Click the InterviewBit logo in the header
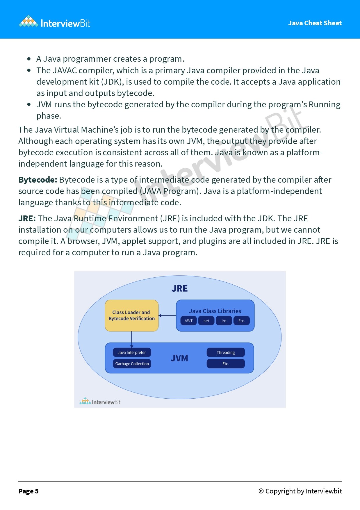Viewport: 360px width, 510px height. [55, 22]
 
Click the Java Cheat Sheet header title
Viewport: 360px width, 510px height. [315, 23]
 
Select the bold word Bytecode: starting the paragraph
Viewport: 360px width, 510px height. [38, 180]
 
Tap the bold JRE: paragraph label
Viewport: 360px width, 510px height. [27, 218]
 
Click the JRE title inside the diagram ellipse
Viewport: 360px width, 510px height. [180, 288]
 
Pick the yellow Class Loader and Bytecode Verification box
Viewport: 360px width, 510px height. [131, 315]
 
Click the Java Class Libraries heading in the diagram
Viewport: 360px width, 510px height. [215, 311]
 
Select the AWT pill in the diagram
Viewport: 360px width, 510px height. [188, 321]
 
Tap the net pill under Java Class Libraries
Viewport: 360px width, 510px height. [206, 321]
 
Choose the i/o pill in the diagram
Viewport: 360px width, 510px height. [224, 321]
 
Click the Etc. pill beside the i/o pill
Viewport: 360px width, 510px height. [241, 321]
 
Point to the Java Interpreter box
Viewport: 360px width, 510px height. [132, 352]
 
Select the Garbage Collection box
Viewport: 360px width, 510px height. [132, 364]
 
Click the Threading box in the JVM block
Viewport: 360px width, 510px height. [226, 352]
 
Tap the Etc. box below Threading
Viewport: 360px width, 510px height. [226, 364]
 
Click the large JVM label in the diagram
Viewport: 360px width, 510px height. [179, 358]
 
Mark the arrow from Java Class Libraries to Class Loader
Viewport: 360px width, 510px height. [167, 315]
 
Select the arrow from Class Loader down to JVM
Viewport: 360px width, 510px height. [132, 339]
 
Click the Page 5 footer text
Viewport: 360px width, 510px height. [28, 491]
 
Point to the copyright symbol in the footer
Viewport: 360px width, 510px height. [261, 491]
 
